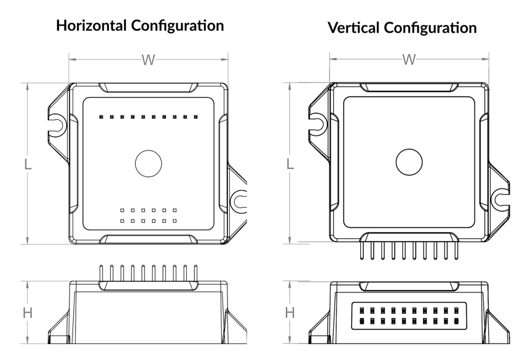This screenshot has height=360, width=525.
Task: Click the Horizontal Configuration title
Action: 140,26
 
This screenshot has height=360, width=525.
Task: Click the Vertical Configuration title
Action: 402,28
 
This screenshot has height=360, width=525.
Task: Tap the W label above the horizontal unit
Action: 148,60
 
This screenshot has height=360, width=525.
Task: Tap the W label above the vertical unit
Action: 409,60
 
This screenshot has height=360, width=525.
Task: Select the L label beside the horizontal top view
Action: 27,164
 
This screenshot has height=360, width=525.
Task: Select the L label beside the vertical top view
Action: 290,164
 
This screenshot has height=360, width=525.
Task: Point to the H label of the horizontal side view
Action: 27,313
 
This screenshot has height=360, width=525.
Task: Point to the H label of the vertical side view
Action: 290,313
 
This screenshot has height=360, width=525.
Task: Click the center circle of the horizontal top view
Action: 148,163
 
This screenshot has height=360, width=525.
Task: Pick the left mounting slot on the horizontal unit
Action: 57,124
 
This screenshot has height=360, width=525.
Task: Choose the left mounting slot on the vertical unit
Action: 318,124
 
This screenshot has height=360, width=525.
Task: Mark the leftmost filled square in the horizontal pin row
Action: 101,116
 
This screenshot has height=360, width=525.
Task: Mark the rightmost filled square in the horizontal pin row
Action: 195,116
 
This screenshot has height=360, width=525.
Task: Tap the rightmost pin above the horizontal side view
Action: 195,273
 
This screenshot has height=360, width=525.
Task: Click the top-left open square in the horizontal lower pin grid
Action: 122,211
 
